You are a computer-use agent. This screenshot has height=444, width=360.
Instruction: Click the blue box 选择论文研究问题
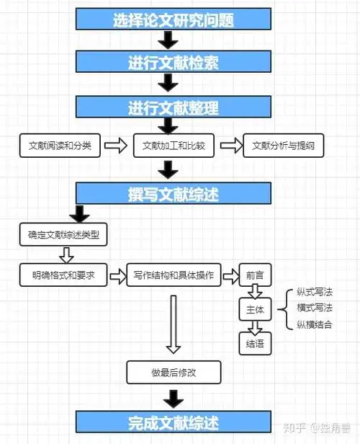(173, 20)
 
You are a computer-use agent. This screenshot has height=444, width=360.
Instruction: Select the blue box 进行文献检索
(173, 63)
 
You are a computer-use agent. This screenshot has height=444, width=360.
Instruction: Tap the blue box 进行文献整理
(173, 108)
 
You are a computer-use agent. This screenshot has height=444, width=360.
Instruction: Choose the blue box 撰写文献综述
(173, 193)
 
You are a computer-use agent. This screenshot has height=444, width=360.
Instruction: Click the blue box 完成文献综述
(173, 422)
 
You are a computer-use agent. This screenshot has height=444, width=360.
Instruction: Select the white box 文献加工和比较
(174, 146)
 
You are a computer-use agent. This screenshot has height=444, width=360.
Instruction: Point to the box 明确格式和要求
(63, 275)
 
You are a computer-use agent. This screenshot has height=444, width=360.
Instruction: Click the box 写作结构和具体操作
(174, 275)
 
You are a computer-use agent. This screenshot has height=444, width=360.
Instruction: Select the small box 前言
(255, 275)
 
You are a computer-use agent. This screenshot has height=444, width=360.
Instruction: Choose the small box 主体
(255, 309)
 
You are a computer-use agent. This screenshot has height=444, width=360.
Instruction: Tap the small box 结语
(255, 343)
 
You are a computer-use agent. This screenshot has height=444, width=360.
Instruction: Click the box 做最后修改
(174, 372)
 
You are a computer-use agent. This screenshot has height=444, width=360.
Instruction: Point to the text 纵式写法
(315, 292)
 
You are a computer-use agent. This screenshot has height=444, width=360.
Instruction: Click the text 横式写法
(315, 308)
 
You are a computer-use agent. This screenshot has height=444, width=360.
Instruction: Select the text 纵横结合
(315, 324)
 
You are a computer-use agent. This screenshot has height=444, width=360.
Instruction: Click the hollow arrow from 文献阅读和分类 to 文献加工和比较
(115, 146)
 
